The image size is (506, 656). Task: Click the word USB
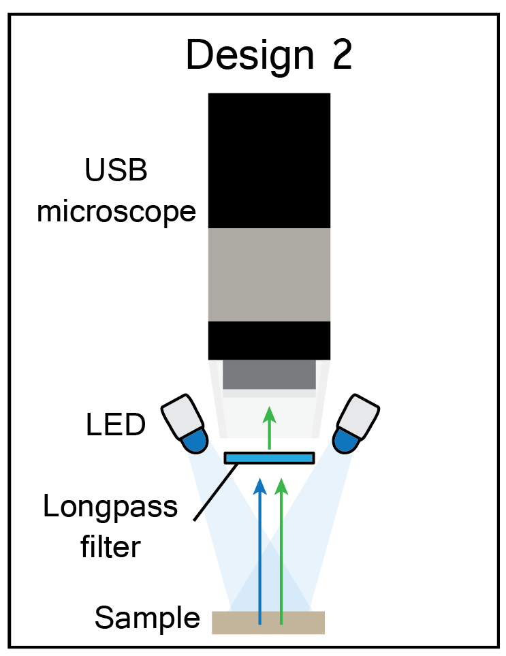(116, 171)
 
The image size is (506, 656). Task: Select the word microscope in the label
(116, 211)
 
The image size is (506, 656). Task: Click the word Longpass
(110, 507)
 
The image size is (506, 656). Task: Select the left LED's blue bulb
(195, 440)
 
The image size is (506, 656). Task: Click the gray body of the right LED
(359, 413)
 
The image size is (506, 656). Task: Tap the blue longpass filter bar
(270, 457)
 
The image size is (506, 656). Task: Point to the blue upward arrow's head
(259, 485)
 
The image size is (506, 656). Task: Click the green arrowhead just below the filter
(281, 485)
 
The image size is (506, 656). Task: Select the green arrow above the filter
(270, 426)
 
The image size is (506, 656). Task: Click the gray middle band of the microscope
(269, 274)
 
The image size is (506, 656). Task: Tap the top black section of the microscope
(269, 160)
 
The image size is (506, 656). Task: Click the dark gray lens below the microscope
(269, 374)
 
